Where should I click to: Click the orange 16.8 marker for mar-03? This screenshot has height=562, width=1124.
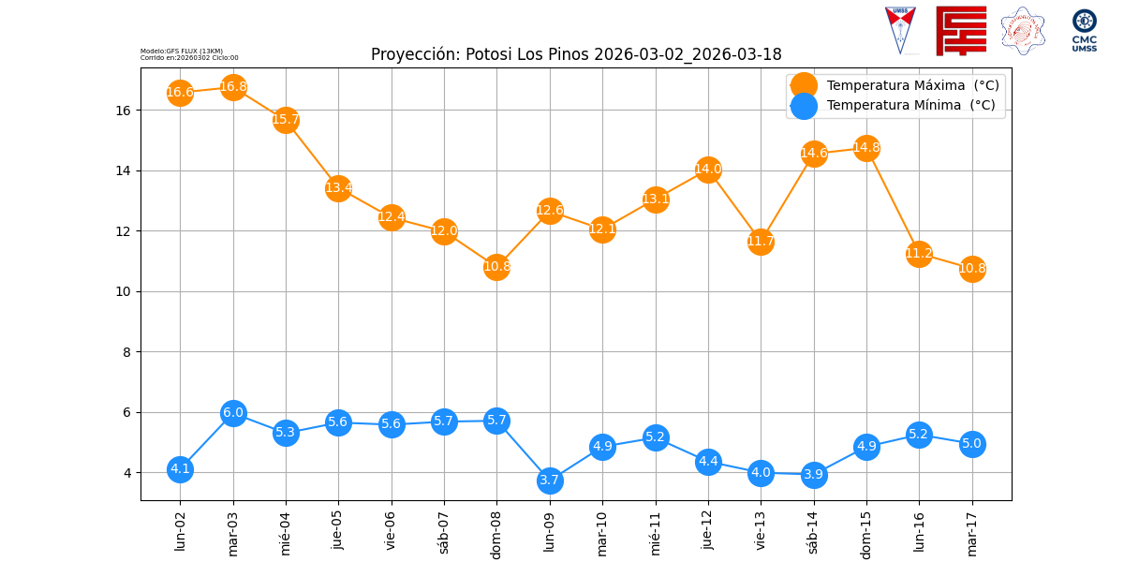tap(233, 87)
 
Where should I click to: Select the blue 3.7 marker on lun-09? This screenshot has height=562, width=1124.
tap(550, 481)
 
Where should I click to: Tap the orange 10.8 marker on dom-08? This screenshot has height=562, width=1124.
tap(496, 267)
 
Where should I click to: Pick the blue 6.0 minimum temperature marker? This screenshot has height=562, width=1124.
tap(233, 413)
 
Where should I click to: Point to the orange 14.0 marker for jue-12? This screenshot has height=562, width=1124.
tap(708, 170)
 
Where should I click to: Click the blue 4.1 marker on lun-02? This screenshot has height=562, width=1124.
tap(180, 469)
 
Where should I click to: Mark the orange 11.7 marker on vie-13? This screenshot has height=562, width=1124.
tap(761, 242)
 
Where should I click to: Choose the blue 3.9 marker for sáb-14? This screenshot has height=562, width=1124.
tap(814, 475)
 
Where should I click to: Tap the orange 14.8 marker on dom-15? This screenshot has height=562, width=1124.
tap(866, 148)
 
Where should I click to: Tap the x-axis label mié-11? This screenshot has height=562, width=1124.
tap(656, 530)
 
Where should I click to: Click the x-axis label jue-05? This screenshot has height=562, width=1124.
tap(339, 530)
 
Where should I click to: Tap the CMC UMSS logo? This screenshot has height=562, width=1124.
tap(1085, 31)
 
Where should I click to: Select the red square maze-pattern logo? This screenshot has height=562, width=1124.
tap(961, 31)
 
